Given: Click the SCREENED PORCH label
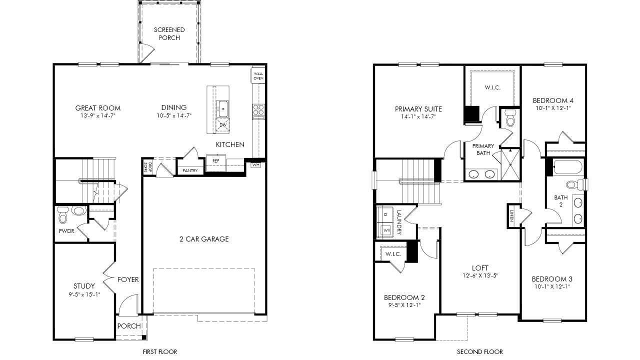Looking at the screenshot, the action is coord(169,33).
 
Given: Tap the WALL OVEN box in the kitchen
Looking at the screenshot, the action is coord(258,75).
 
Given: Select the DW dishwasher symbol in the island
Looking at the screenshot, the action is coord(223,125).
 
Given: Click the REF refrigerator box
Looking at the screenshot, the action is coord(215,163).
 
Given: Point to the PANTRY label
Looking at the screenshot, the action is coord(190,170).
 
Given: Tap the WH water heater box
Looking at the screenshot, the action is coord(256,165).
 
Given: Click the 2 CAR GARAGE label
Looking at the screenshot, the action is coord(204,239).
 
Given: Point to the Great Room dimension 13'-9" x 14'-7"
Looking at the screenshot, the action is coord(97,115).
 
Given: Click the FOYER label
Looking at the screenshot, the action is coord(128,279).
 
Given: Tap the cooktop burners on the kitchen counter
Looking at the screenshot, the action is coord(258,110).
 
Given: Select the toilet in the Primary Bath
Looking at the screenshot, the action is coord(510,118).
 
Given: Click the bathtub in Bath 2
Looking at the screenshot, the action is coord(567,167).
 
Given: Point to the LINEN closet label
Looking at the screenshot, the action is coord(511,215).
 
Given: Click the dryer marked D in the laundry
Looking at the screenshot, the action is coord(385,214).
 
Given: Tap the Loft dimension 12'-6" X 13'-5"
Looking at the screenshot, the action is coord(480,275).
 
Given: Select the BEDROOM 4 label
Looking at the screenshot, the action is coord(553,100).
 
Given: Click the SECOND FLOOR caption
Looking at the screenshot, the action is coord(480,351).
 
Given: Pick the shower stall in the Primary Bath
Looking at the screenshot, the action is coord(510,164).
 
